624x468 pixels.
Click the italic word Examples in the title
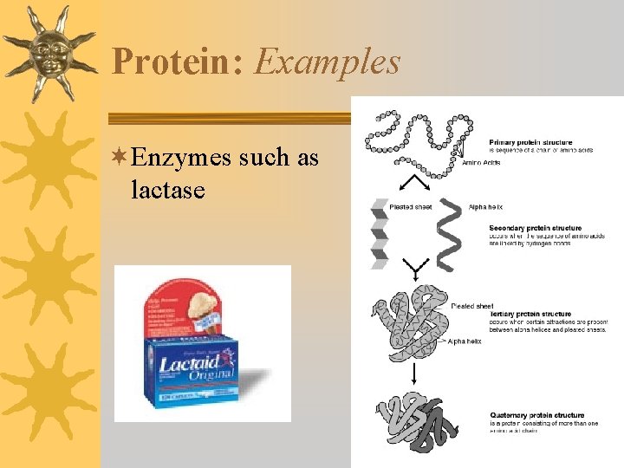pyautogui.click(x=327, y=62)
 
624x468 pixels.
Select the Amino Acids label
pyautogui.click(x=483, y=162)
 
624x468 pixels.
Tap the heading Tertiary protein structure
pyautogui.click(x=530, y=314)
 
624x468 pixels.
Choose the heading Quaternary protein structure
pyautogui.click(x=537, y=415)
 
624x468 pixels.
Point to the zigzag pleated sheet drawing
pyautogui.click(x=379, y=232)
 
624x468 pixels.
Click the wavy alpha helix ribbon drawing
pyautogui.click(x=451, y=232)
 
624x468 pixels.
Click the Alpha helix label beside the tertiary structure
pyautogui.click(x=465, y=341)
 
